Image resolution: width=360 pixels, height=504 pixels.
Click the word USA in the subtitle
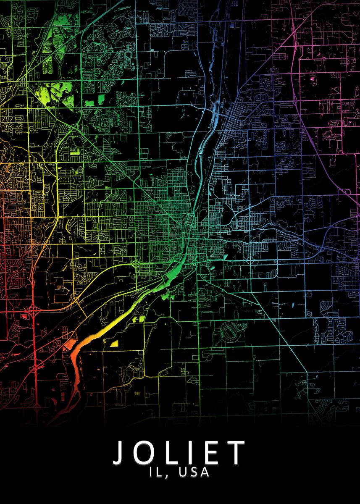pos(194,472)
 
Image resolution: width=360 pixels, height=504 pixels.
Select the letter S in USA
pos(194,472)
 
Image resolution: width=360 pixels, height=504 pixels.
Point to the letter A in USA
pos(205,472)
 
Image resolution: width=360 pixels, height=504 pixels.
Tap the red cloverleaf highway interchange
pos(34,312)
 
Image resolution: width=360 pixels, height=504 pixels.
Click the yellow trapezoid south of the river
pos(114,343)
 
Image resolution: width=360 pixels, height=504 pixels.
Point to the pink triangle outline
pos(335,89)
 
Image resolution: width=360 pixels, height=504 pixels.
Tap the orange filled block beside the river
pos(68,345)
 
